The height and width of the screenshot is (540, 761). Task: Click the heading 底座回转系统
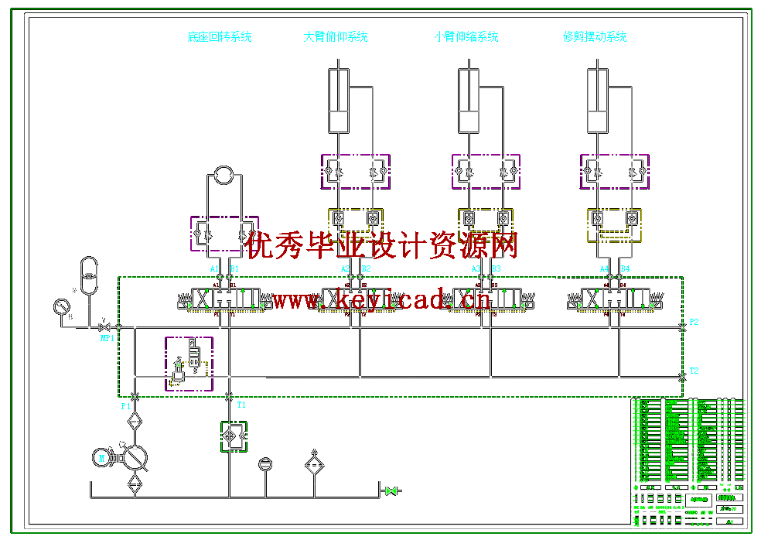coord(220,37)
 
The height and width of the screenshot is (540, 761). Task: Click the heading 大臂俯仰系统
coord(336,37)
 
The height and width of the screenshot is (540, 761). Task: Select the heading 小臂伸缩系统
coord(466,37)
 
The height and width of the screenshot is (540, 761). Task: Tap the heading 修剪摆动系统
coord(595,37)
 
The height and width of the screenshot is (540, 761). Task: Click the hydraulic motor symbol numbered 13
coord(223,175)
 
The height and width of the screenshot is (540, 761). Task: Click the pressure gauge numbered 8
coord(61,306)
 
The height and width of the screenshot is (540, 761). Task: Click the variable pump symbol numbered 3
coord(135,458)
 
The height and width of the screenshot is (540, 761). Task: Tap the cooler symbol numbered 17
coord(233,436)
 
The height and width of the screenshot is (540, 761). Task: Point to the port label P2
coord(694,322)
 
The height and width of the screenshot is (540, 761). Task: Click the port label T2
coord(694,371)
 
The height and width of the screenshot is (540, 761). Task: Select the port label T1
coord(241,405)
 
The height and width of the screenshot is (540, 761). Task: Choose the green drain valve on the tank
coord(391,490)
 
